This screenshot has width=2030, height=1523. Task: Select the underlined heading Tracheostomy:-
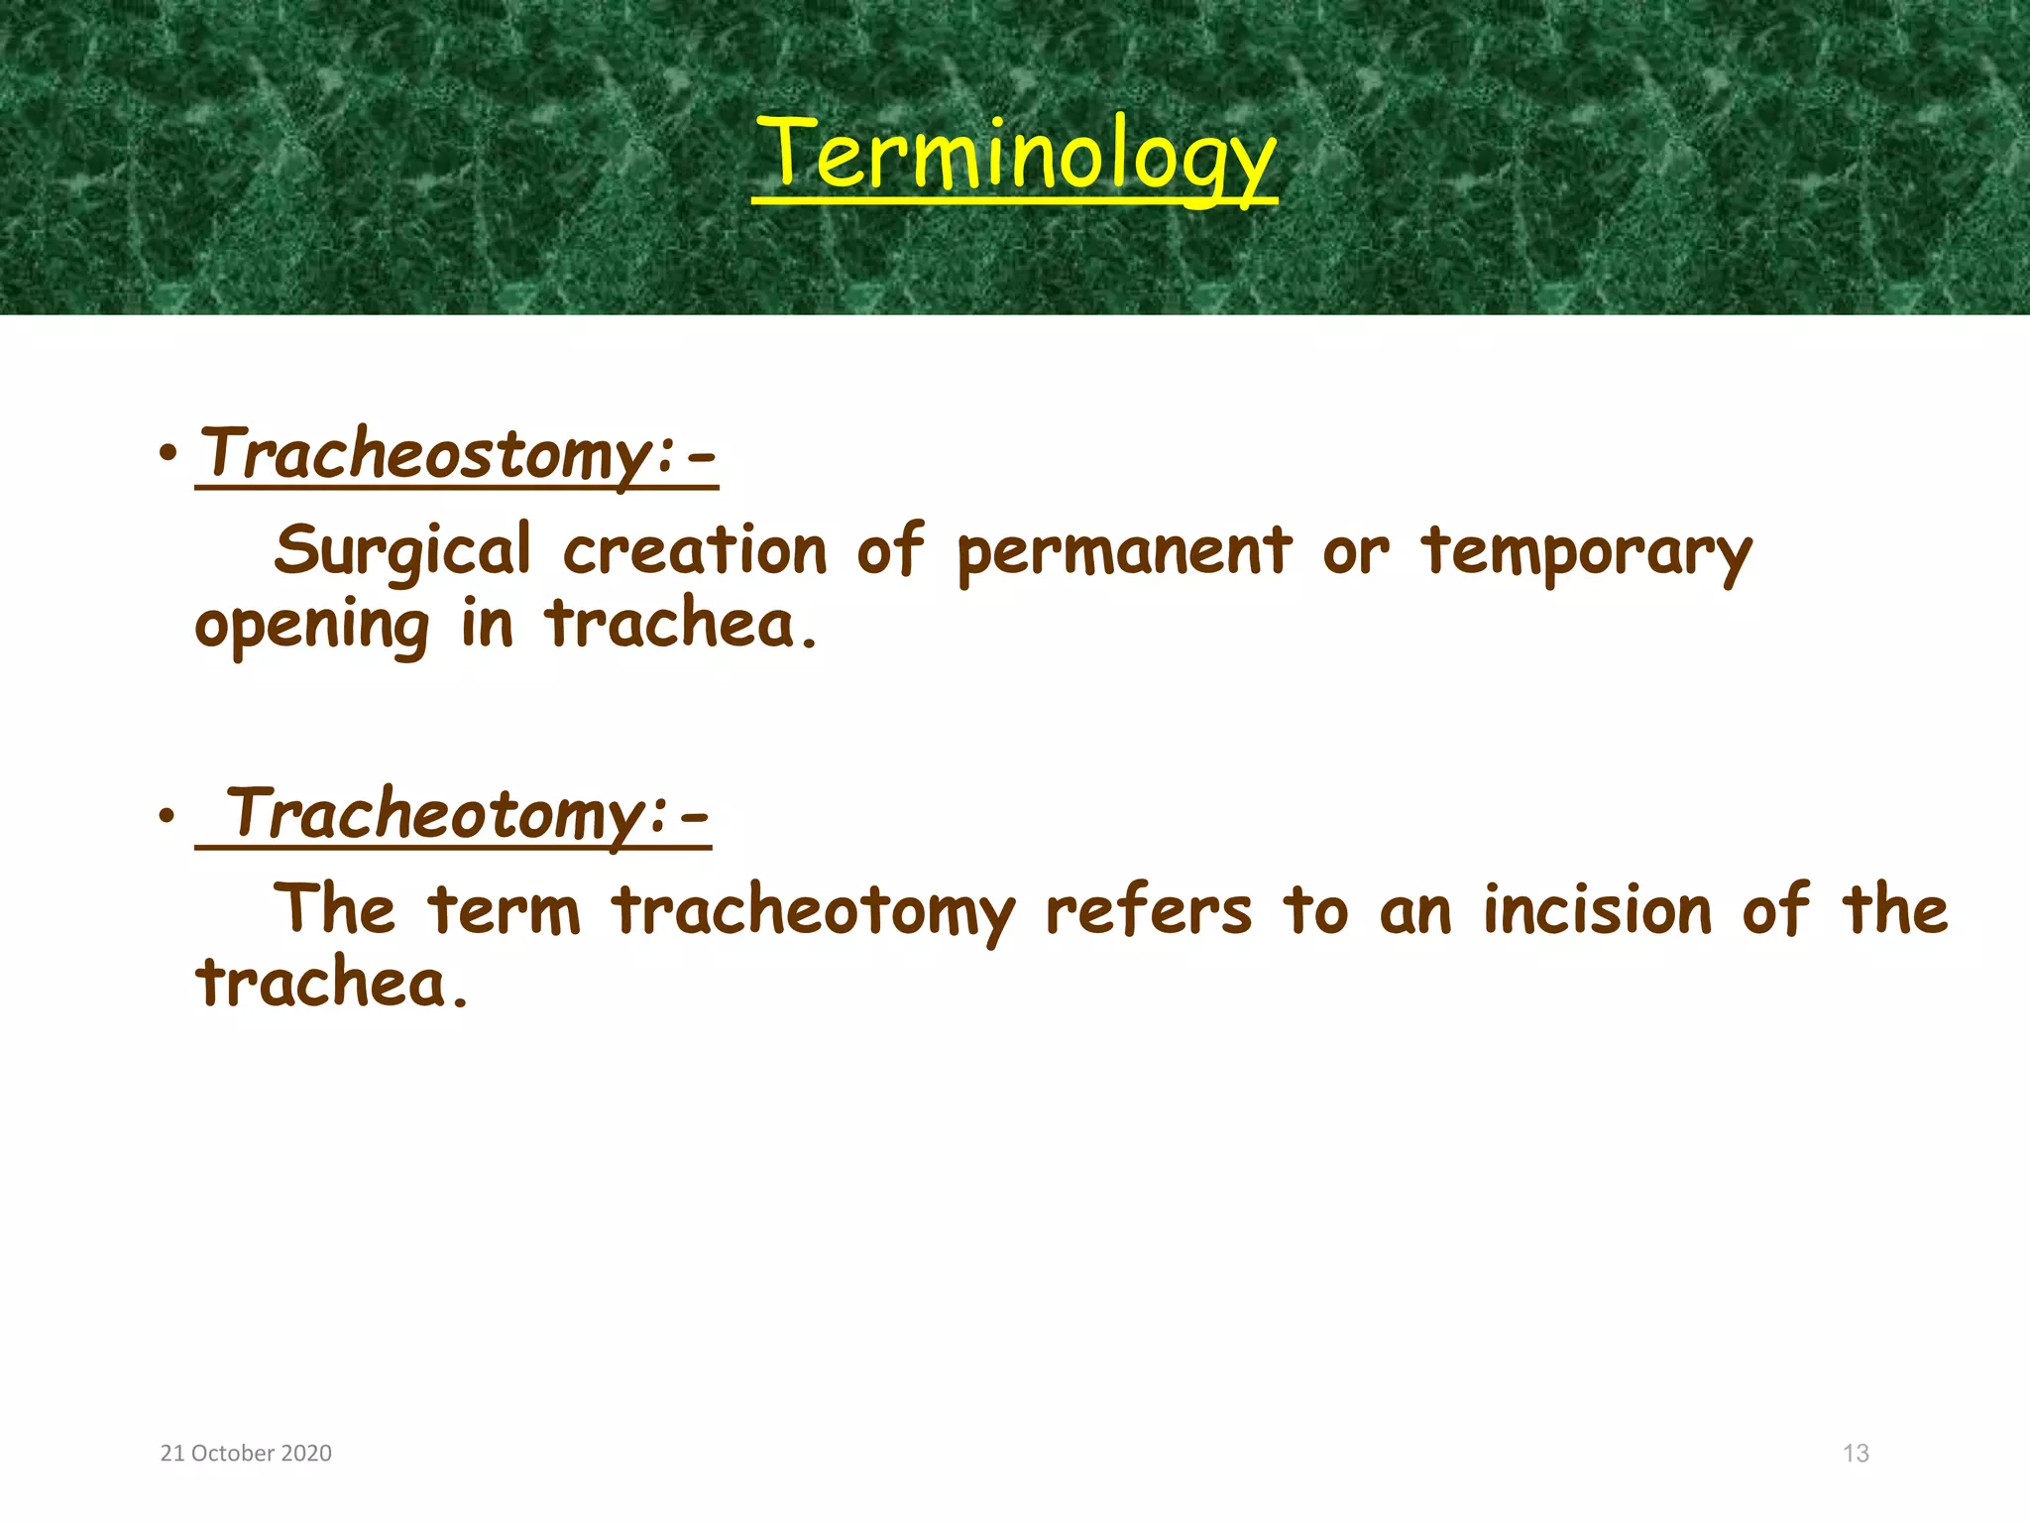coord(457,455)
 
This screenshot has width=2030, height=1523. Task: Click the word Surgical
coord(402,551)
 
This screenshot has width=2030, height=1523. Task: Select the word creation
coord(695,551)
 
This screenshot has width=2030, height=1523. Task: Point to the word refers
coord(1149,910)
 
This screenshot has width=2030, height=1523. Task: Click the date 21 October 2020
coord(246,1454)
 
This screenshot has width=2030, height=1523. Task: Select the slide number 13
coord(1856,1454)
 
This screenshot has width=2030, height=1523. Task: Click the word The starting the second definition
coord(334,910)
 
